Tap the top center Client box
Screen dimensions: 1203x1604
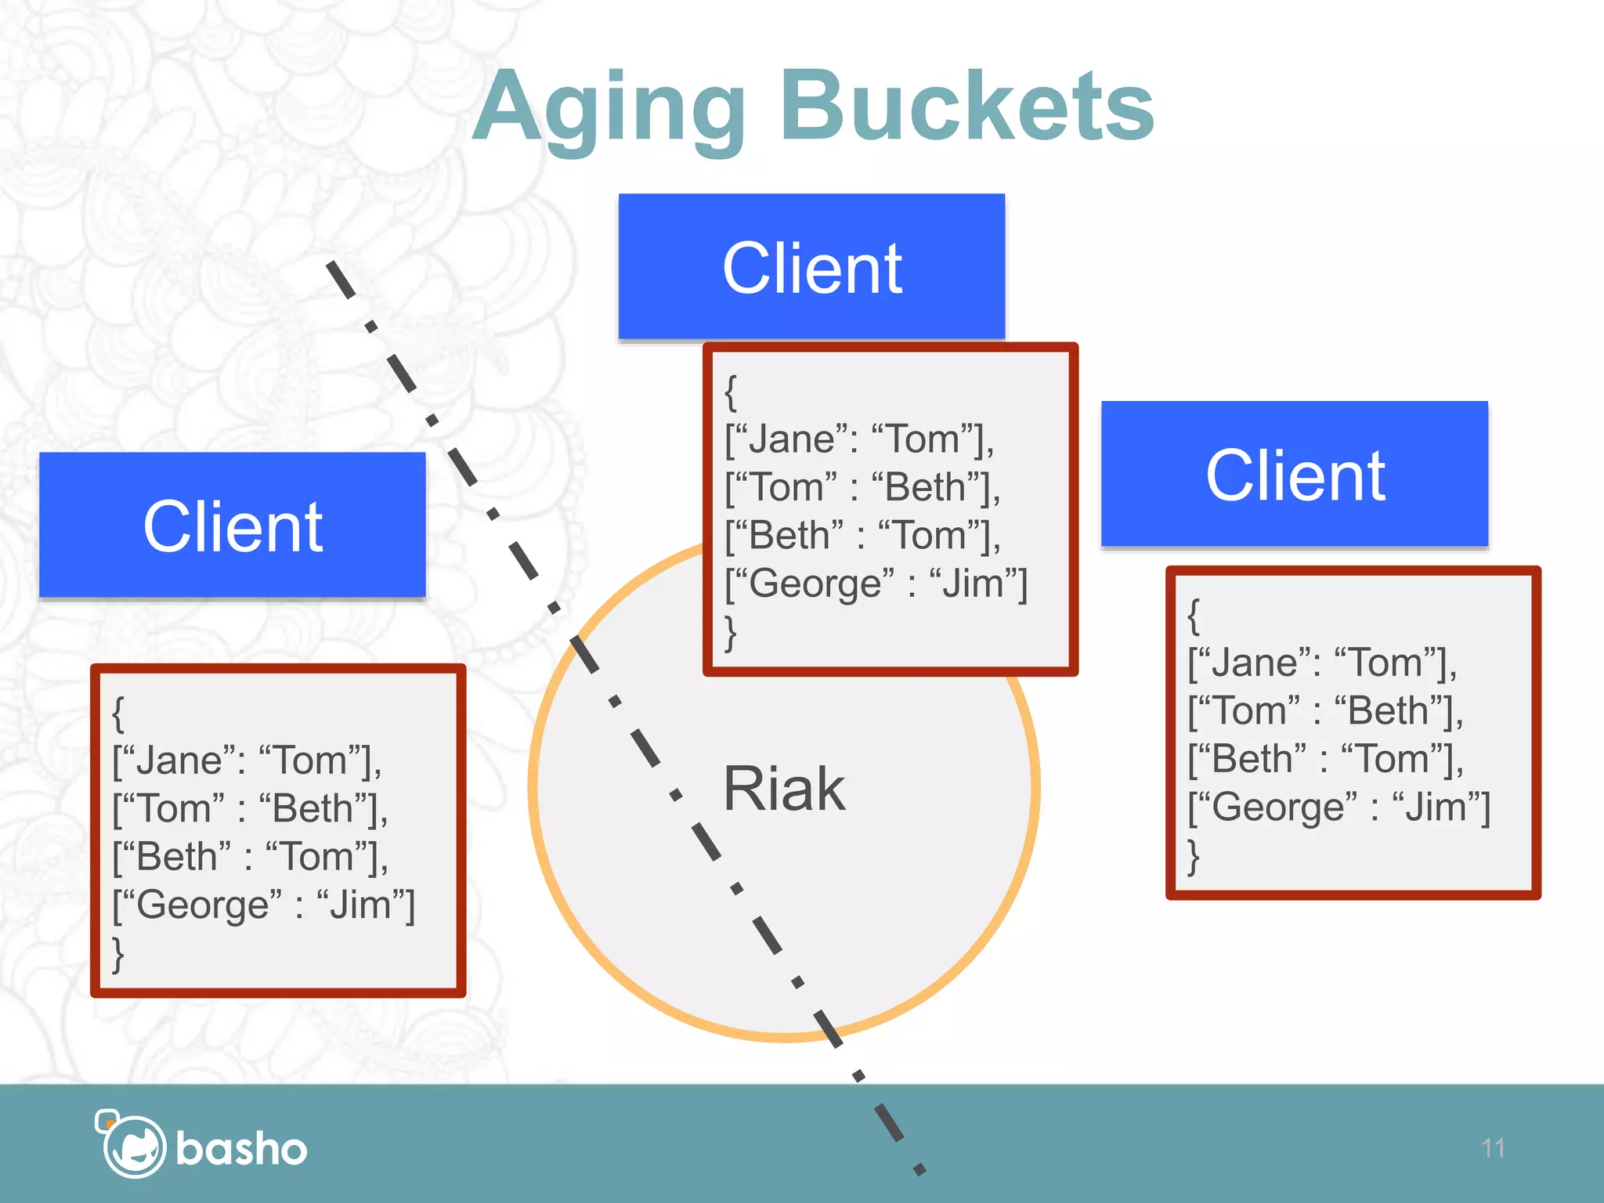[811, 267]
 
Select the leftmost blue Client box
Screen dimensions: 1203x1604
[233, 526]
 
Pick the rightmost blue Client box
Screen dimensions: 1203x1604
[1295, 475]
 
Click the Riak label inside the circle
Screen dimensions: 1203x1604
[783, 789]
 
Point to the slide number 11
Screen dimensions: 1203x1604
[1493, 1148]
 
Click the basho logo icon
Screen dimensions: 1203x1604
[131, 1146]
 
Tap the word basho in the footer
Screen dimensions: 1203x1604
[241, 1149]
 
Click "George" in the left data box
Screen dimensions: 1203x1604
[208, 905]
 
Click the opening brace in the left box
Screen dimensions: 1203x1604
[118, 713]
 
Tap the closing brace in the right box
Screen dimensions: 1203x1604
[1193, 857]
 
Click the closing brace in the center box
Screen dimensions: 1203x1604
[730, 633]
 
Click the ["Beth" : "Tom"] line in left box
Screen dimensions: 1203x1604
[250, 857]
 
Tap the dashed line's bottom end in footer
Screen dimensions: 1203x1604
[918, 1169]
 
